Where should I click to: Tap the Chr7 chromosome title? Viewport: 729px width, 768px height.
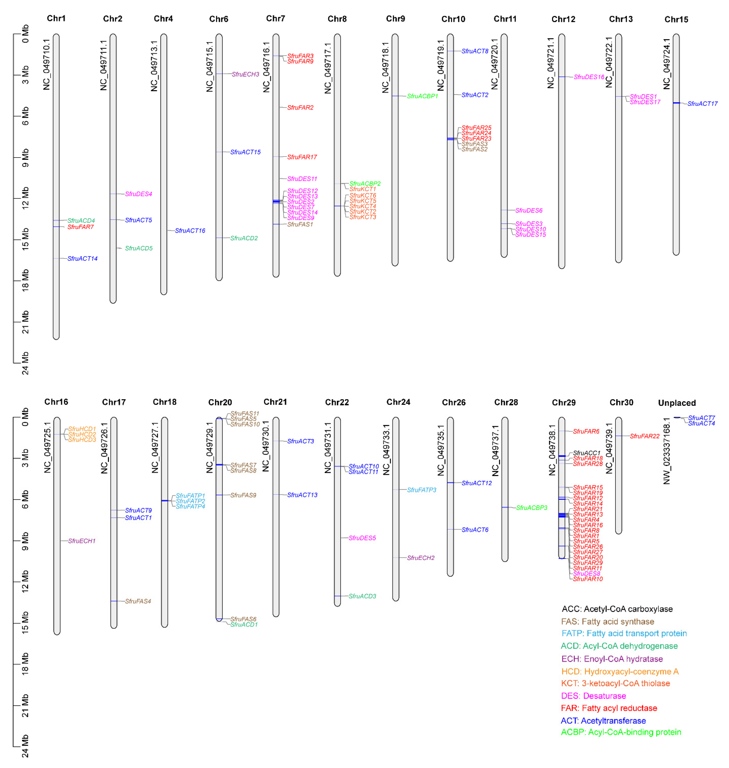click(x=276, y=19)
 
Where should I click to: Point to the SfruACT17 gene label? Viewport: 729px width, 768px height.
click(x=702, y=104)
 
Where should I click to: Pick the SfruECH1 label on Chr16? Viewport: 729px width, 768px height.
click(x=82, y=541)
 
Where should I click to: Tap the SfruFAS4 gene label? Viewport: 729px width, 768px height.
click(x=138, y=601)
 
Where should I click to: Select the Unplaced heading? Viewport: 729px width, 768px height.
click(x=677, y=403)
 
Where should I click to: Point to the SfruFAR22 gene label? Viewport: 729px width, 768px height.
click(x=644, y=436)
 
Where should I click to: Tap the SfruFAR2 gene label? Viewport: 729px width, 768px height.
click(x=300, y=108)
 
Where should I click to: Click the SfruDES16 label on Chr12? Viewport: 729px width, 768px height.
click(x=589, y=77)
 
